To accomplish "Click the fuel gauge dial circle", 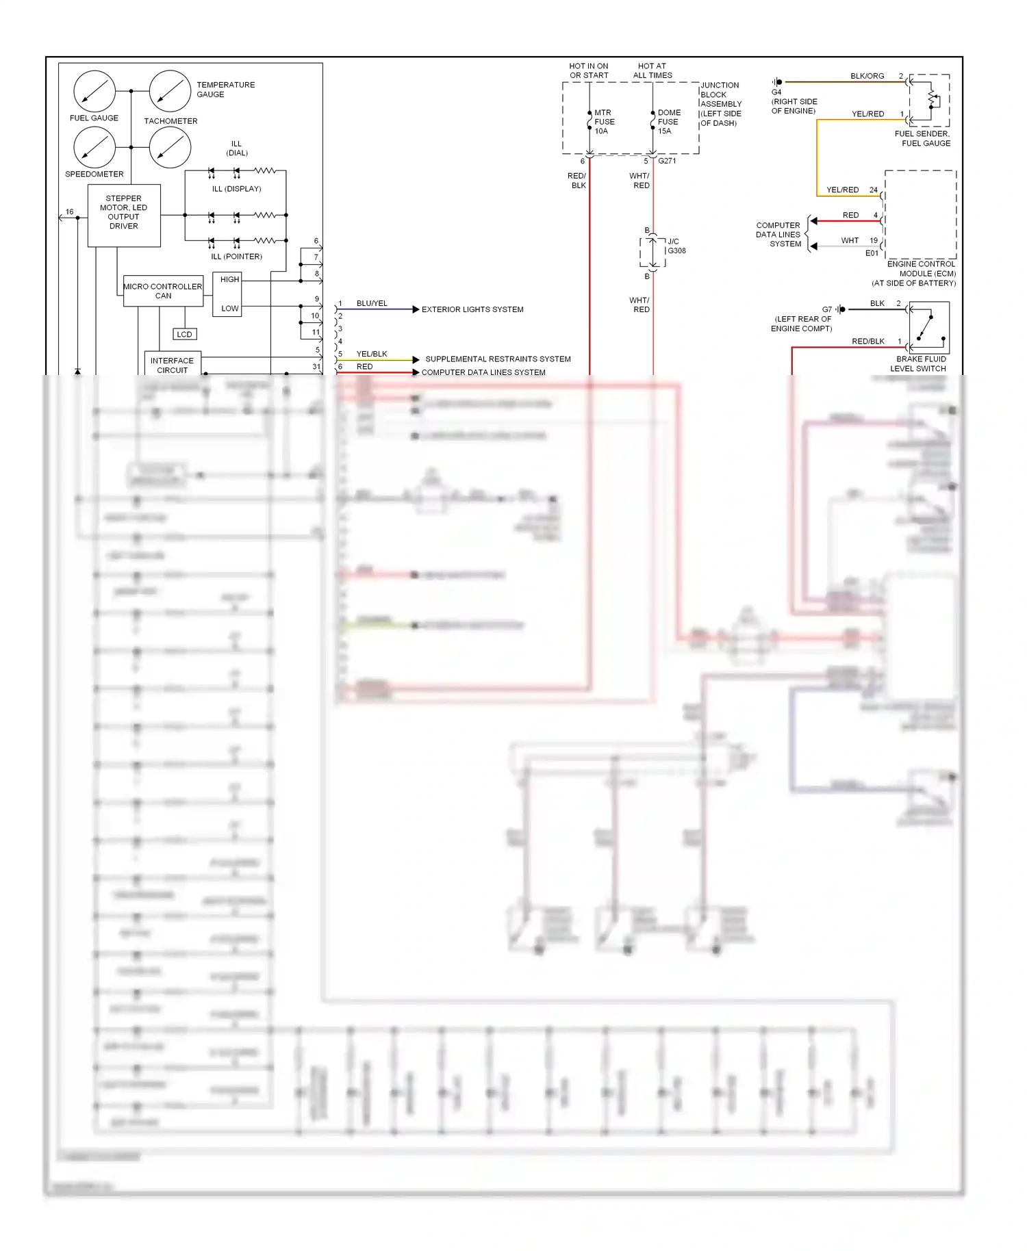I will click(94, 91).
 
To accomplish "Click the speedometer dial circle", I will click(94, 147).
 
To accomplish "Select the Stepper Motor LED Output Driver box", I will click(124, 216).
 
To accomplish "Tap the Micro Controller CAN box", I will click(163, 291).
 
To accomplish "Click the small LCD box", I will click(184, 334).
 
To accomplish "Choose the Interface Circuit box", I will click(172, 365).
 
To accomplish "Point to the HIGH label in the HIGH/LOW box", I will click(229, 279).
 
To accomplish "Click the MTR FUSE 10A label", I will click(603, 122).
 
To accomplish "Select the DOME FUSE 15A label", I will click(668, 122).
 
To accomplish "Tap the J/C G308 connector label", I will click(676, 246).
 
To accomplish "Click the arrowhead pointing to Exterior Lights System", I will click(416, 309).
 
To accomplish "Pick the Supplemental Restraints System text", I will click(498, 359).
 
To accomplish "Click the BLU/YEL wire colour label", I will click(372, 303).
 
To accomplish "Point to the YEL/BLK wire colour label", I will click(372, 354).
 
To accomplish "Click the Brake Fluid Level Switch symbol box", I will click(929, 328).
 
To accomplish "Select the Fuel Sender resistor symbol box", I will click(929, 100).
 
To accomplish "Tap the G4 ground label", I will click(776, 92).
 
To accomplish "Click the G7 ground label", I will click(826, 309).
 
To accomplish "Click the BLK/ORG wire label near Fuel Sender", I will click(867, 76).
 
